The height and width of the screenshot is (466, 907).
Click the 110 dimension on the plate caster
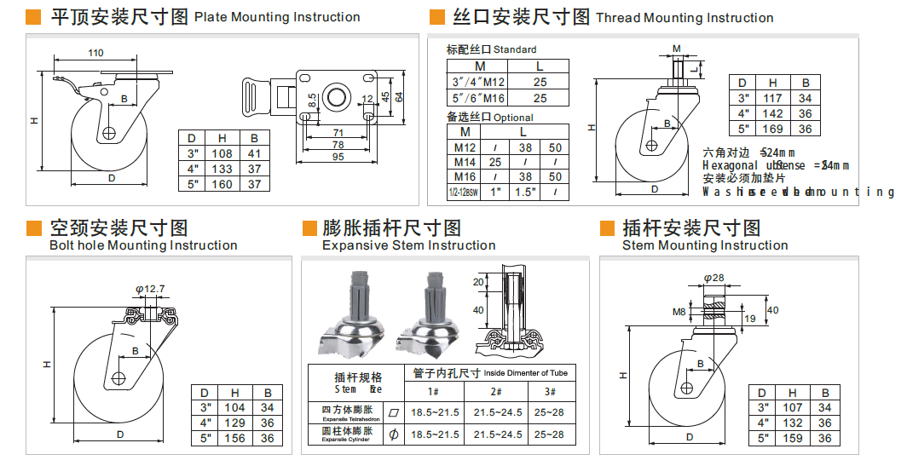[95, 53]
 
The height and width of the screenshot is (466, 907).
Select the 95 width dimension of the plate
[338, 156]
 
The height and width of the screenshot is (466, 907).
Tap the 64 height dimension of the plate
[399, 96]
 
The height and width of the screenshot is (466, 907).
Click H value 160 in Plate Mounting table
[222, 184]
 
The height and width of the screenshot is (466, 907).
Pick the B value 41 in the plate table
[254, 153]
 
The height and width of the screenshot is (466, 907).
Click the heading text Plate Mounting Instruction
[277, 17]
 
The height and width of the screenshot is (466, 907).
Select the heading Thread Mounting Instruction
[685, 18]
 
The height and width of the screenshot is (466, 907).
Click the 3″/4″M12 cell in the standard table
[478, 82]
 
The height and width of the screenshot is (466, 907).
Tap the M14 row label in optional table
[464, 162]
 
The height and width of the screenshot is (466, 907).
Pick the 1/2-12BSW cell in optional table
[464, 193]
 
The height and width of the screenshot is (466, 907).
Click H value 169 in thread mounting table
[773, 129]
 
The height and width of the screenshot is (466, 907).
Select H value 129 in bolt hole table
[234, 423]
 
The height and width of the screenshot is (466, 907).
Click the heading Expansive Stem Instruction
[408, 245]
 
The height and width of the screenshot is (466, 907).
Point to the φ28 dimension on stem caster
[713, 277]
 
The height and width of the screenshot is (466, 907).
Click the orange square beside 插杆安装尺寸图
[608, 228]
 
